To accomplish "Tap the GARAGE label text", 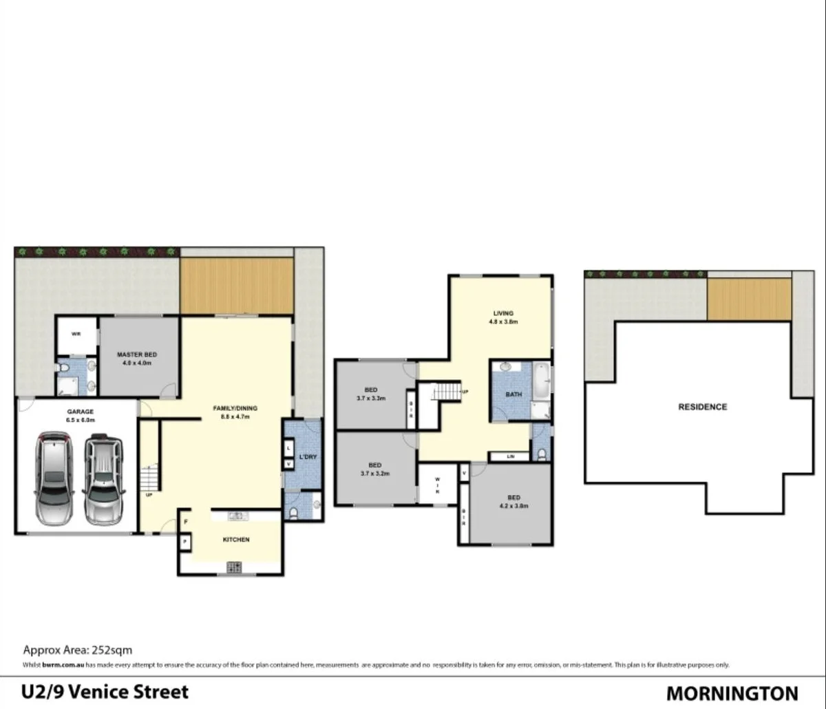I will coord(80,412).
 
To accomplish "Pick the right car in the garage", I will coord(103,476).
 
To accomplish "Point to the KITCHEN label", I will coord(236,540).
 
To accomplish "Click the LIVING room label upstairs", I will coord(503,313).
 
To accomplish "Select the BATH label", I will coord(513,394).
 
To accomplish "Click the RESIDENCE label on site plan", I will coord(702,407).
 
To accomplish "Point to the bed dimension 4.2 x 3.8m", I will coord(513,507).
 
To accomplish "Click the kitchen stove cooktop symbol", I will coord(235,568).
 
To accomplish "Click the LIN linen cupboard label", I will coord(510,456).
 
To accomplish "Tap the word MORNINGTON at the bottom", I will coord(732,693).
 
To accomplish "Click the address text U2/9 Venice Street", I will coord(105,692).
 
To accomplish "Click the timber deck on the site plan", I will coord(749,299).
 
